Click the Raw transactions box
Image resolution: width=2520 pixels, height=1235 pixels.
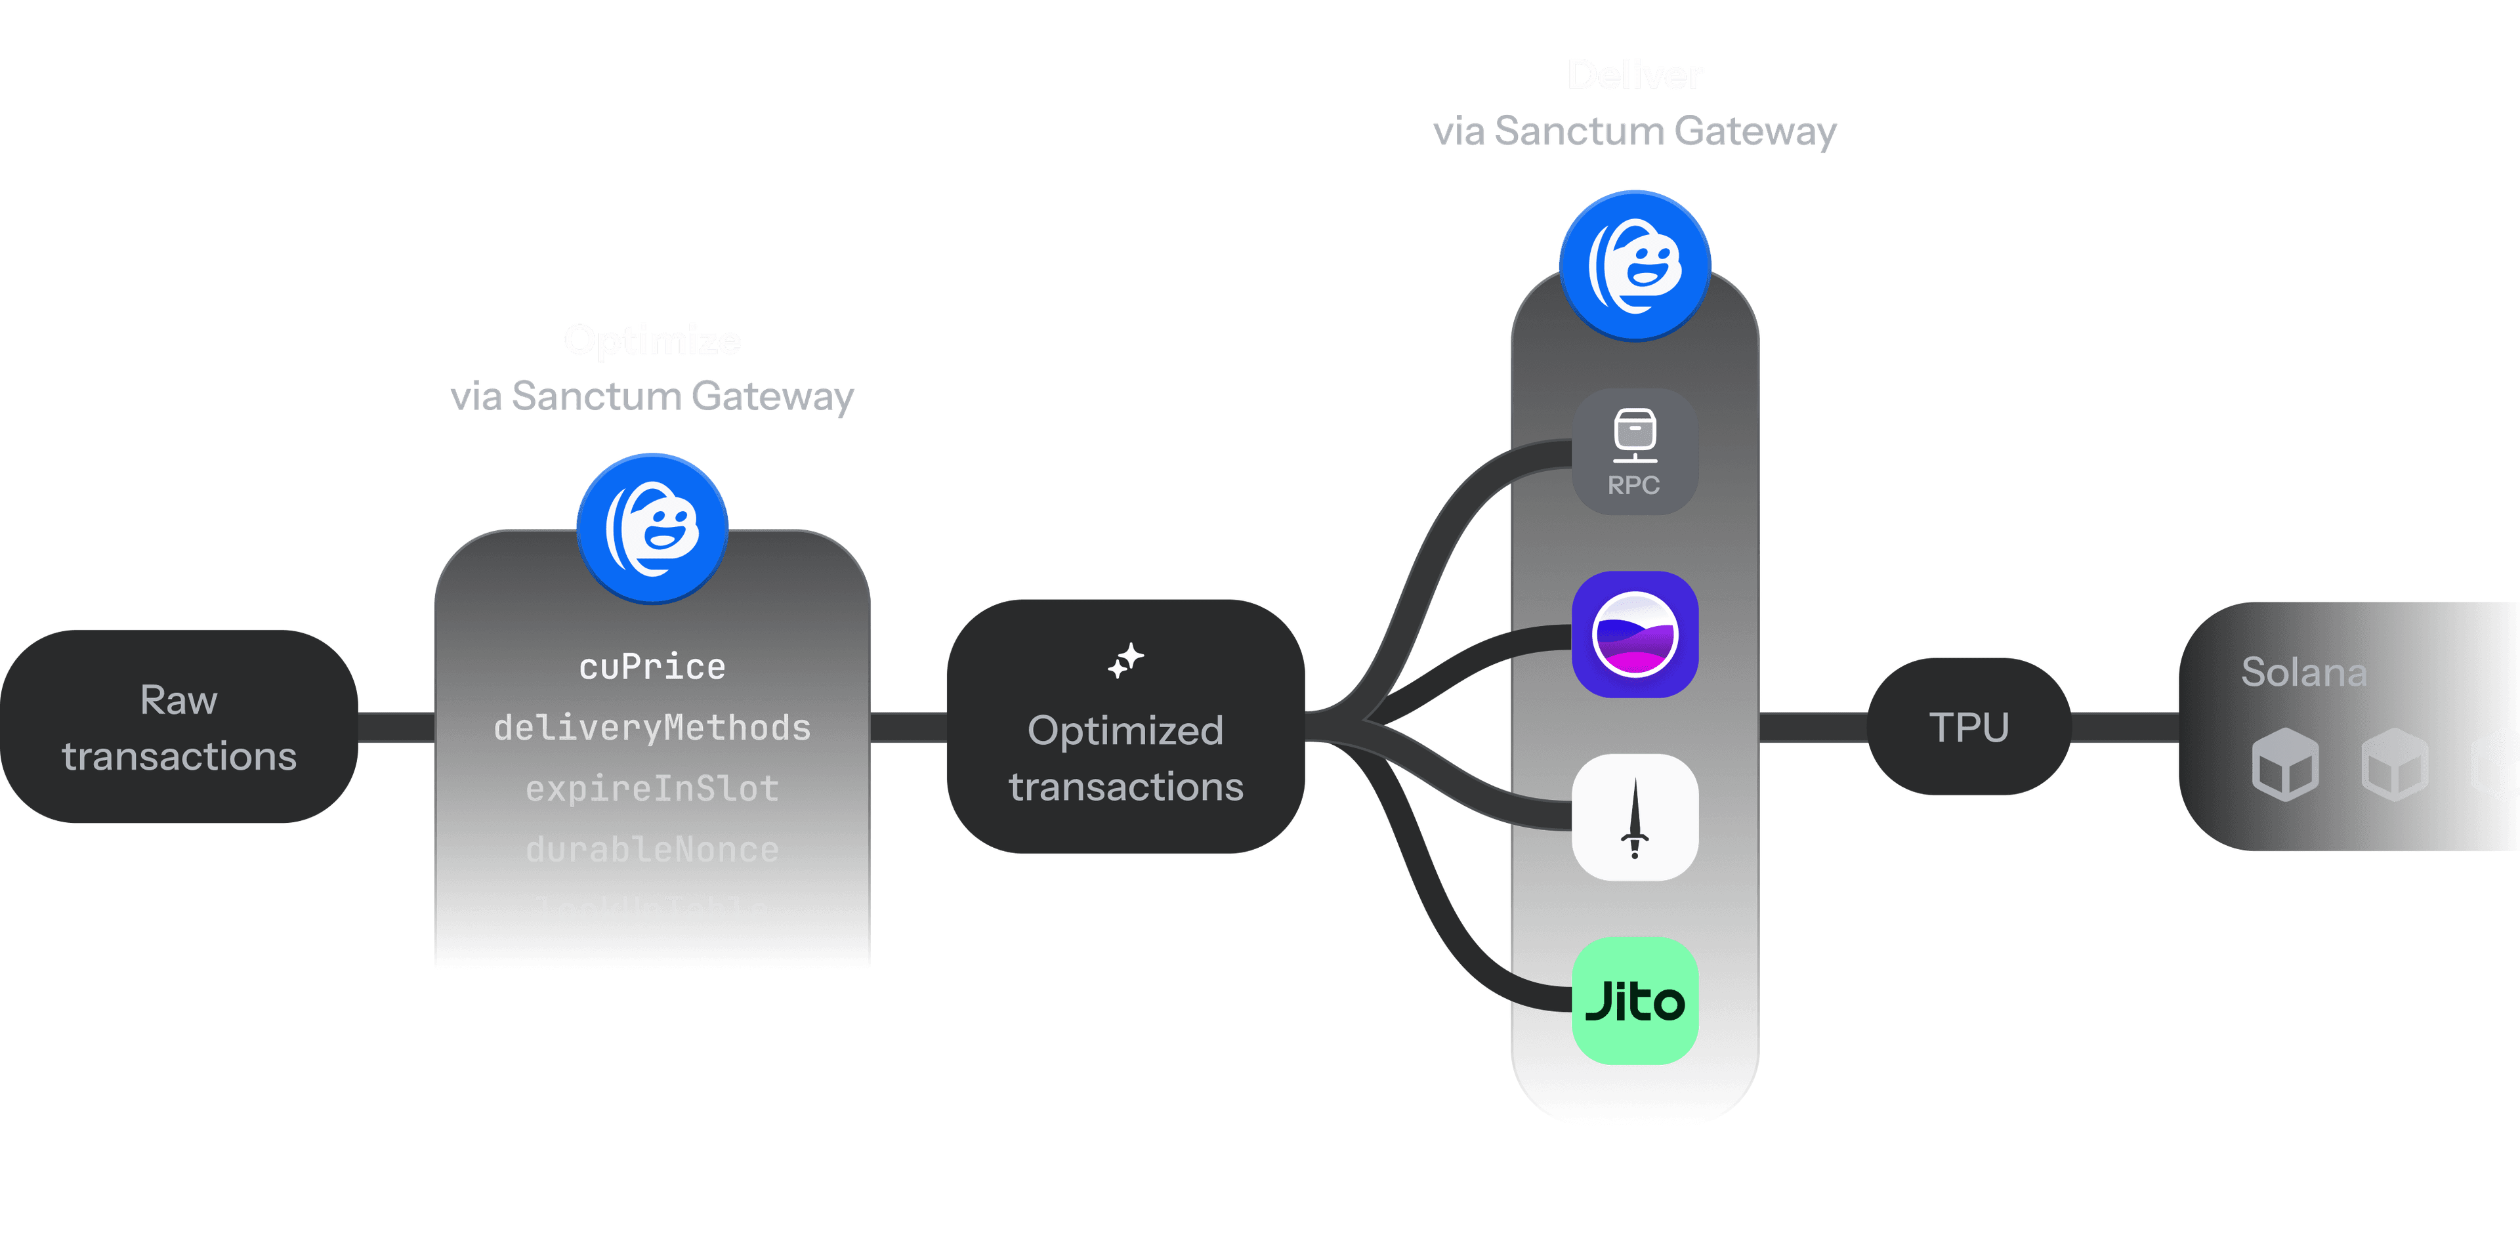click(179, 726)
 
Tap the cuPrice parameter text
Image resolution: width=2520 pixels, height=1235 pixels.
click(652, 667)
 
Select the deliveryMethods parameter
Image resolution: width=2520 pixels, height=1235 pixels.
click(652, 728)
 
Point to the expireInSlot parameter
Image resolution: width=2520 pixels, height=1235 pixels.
click(652, 788)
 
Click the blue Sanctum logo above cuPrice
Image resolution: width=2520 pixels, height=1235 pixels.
click(652, 528)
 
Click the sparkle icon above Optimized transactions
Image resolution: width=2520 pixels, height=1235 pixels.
click(1126, 661)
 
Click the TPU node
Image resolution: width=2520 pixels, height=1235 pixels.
click(1968, 726)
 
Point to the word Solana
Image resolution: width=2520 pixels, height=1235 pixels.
click(2304, 672)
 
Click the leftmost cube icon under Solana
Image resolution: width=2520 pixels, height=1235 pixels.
click(2285, 764)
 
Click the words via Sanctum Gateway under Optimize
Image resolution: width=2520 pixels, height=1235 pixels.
click(652, 396)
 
